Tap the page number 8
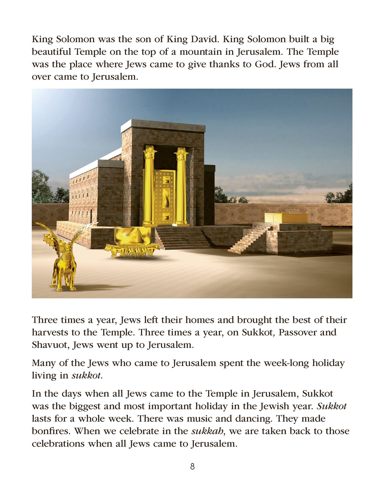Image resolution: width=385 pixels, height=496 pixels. click(x=192, y=466)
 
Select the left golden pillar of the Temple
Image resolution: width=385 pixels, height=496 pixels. click(x=149, y=186)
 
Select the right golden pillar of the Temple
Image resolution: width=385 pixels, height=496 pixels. click(x=181, y=186)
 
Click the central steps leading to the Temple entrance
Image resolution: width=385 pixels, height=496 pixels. click(x=183, y=238)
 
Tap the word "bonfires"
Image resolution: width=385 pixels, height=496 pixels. click(x=51, y=431)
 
